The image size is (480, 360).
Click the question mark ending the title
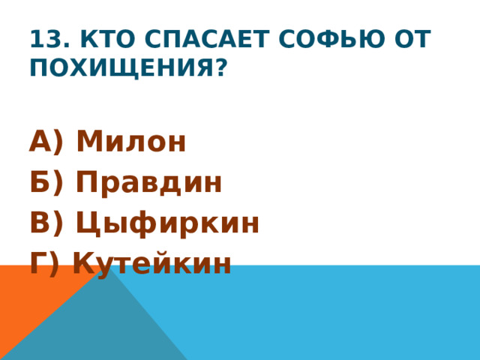(220, 68)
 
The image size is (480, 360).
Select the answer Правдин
(148, 182)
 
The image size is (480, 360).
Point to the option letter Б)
(46, 182)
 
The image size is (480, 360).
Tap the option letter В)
(46, 223)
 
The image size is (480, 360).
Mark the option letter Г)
(45, 263)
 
